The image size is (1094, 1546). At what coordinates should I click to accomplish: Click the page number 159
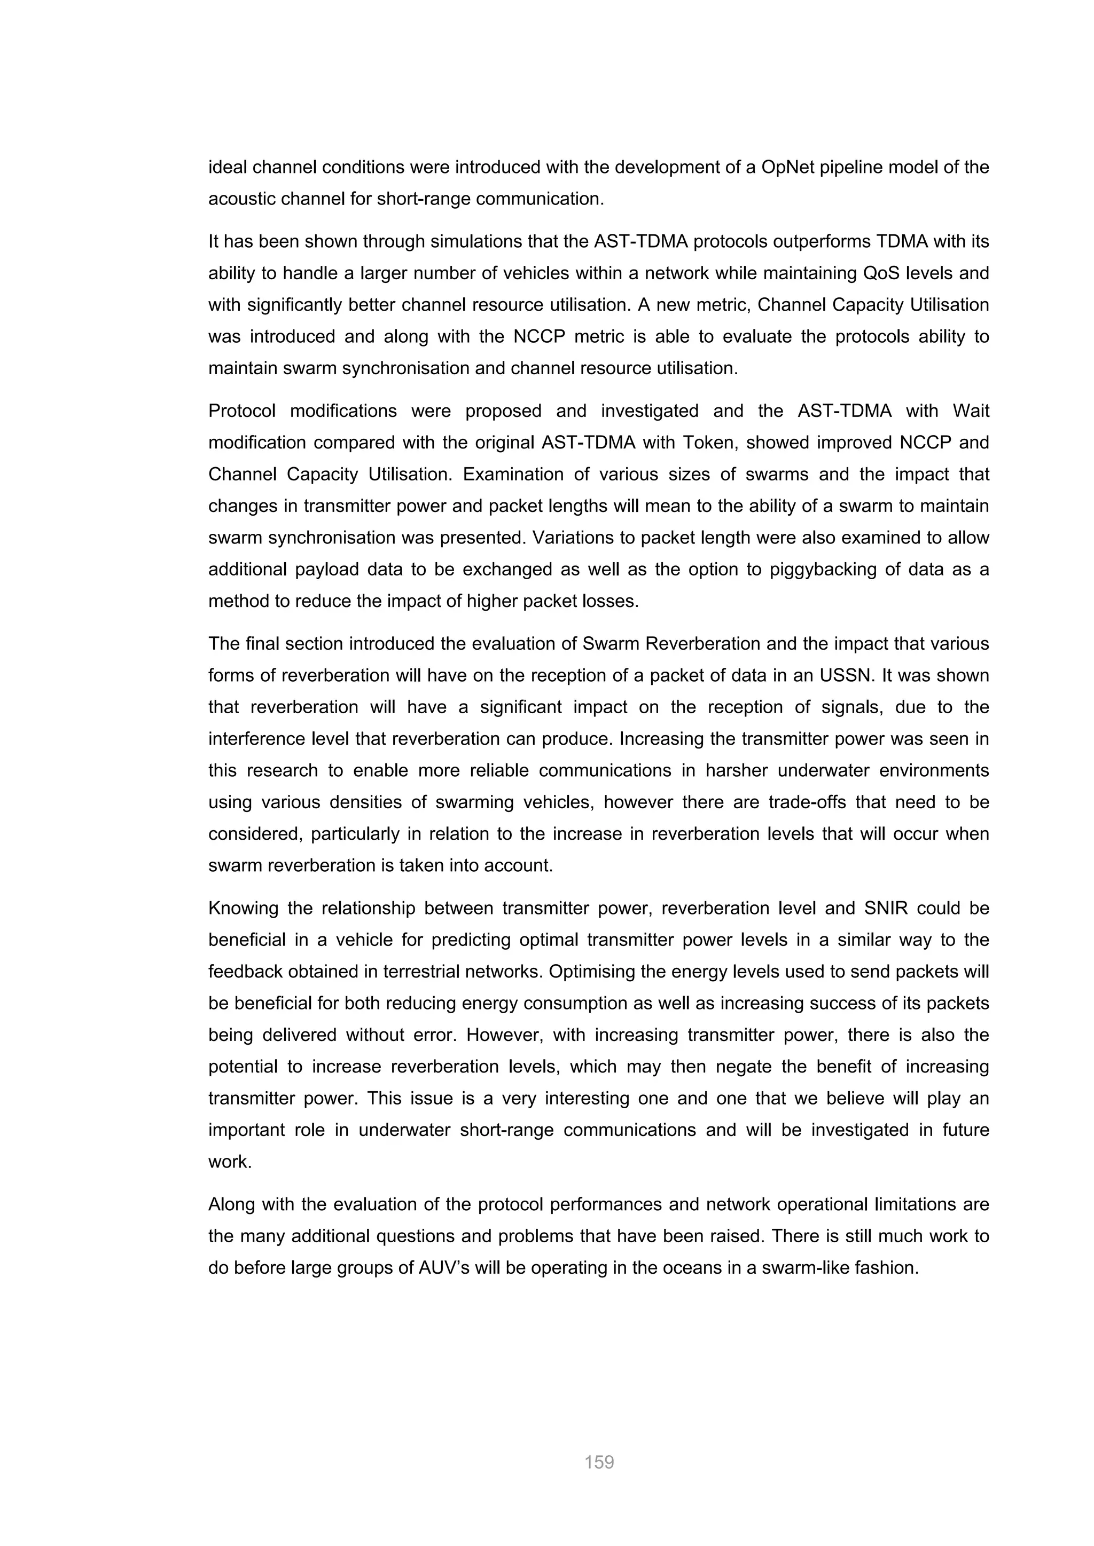click(x=599, y=1462)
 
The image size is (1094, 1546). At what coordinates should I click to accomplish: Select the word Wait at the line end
click(x=971, y=411)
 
